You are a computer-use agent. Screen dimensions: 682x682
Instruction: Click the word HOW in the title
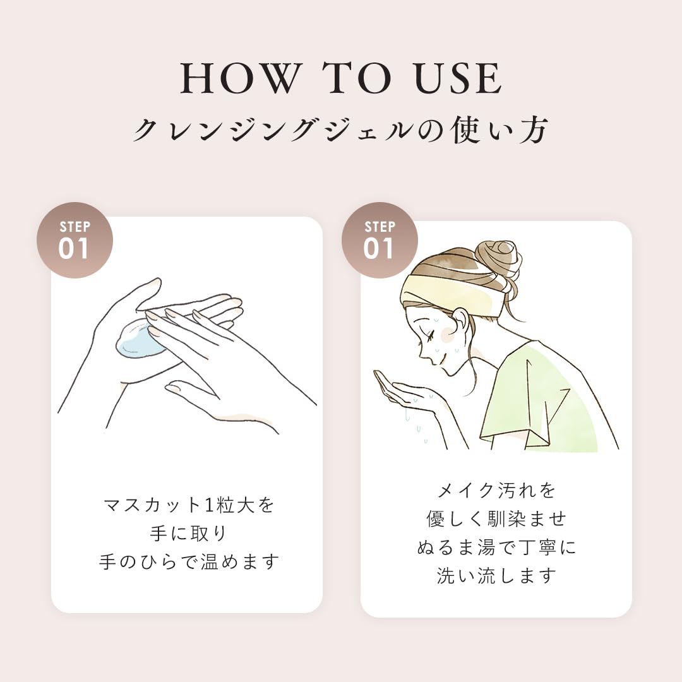coord(241,78)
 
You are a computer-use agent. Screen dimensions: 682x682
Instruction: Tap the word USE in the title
coord(458,78)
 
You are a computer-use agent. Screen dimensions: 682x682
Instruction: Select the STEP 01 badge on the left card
coord(75,240)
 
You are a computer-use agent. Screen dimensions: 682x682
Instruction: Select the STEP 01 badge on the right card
coord(380,240)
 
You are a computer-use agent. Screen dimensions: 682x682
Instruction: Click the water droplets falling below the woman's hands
coord(416,424)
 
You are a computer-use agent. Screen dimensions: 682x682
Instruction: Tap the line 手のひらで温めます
coord(189,561)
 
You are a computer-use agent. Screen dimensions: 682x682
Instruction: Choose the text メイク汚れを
coord(496,490)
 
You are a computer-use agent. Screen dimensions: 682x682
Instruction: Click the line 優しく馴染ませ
coord(496,518)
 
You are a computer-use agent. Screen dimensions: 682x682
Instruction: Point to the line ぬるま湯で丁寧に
coord(496,547)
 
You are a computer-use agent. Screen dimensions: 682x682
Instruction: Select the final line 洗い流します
coord(496,575)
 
